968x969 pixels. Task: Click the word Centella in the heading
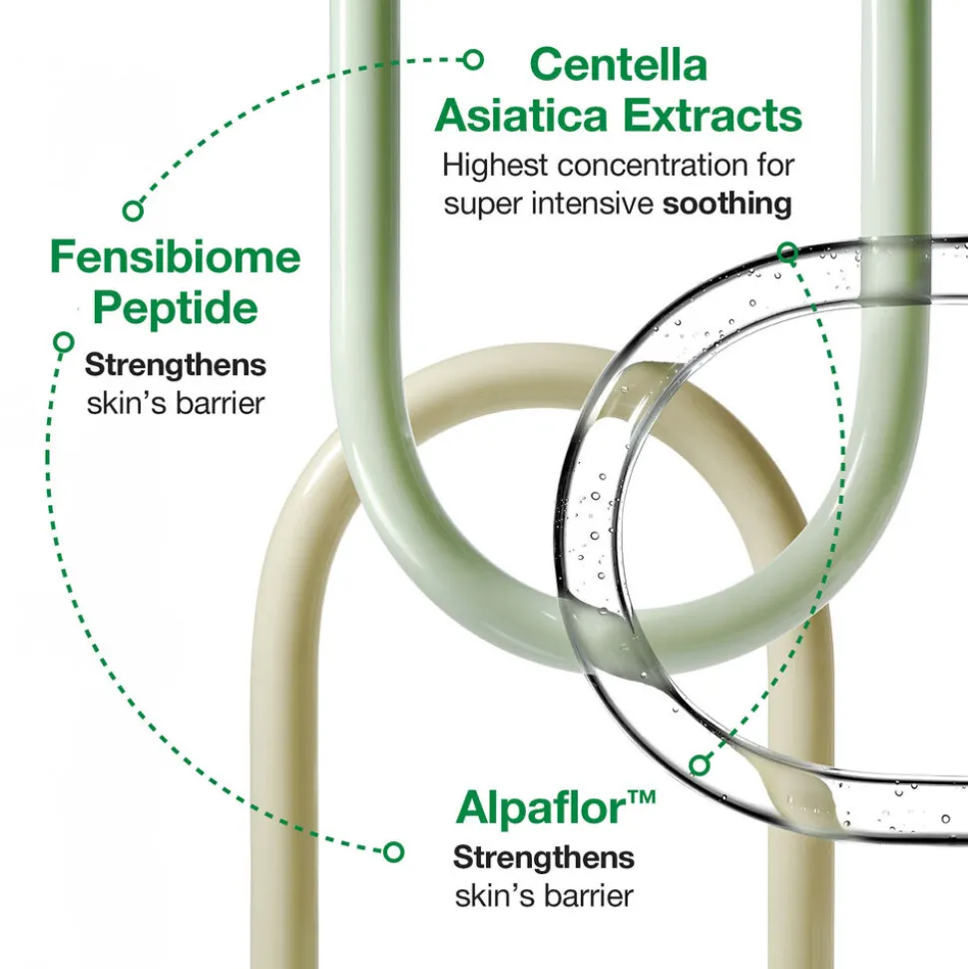pyautogui.click(x=618, y=64)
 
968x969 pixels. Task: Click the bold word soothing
pyautogui.click(x=726, y=205)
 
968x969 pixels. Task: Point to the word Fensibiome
pyautogui.click(x=175, y=257)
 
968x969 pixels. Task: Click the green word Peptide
pyautogui.click(x=175, y=308)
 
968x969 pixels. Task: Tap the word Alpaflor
pyautogui.click(x=541, y=807)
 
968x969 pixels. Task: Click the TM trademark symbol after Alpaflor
pyautogui.click(x=642, y=796)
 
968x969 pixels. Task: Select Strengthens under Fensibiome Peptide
pyautogui.click(x=176, y=364)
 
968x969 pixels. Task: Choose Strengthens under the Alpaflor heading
pyautogui.click(x=544, y=858)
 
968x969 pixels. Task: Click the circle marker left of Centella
pyautogui.click(x=473, y=60)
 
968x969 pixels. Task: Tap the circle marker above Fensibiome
pyautogui.click(x=133, y=211)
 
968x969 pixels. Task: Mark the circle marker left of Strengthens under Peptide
pyautogui.click(x=64, y=341)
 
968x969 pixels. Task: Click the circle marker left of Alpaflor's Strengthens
pyautogui.click(x=394, y=851)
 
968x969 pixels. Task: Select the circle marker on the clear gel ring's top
pyautogui.click(x=787, y=252)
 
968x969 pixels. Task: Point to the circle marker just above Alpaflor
pyautogui.click(x=700, y=765)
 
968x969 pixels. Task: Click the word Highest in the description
pyautogui.click(x=495, y=165)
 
